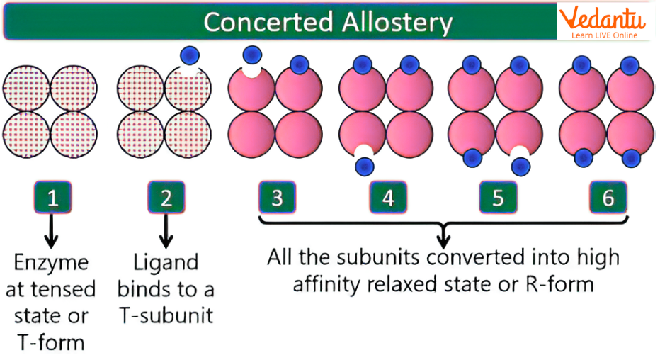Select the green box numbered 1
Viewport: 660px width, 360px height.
point(52,198)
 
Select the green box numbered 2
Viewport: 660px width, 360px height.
point(166,198)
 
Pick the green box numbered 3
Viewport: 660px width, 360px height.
point(277,198)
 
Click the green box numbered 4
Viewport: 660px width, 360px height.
point(387,198)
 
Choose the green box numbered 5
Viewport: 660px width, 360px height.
point(498,198)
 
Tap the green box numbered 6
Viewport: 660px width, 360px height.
point(608,198)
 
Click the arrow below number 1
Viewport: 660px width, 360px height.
point(52,230)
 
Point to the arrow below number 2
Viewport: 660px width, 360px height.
point(166,230)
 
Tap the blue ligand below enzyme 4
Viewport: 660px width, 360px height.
point(365,166)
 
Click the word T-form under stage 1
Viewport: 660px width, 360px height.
point(51,342)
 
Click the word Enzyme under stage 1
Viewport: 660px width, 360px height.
point(51,263)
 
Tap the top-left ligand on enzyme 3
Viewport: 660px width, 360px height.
point(251,55)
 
